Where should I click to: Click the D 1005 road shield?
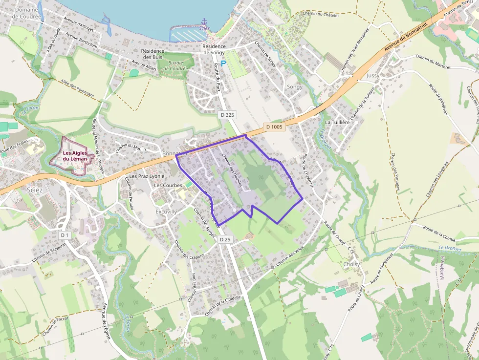pyautogui.click(x=274, y=127)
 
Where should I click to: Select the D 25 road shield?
pyautogui.click(x=225, y=239)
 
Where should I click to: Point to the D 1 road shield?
pyautogui.click(x=64, y=235)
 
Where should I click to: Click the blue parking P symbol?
pyautogui.click(x=223, y=64)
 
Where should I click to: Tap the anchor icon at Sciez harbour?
pyautogui.click(x=204, y=21)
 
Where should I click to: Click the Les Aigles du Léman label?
pyautogui.click(x=75, y=156)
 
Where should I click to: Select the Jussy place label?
pyautogui.click(x=372, y=76)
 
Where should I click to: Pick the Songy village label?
pyautogui.click(x=295, y=87)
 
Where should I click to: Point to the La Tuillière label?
pyautogui.click(x=337, y=122)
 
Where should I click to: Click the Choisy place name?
pyautogui.click(x=351, y=264)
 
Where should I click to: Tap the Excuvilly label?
pyautogui.click(x=166, y=212)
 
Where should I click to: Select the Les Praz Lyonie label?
pyautogui.click(x=147, y=176)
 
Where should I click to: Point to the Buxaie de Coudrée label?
pyautogui.click(x=175, y=65)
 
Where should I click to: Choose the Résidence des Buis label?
pyautogui.click(x=151, y=54)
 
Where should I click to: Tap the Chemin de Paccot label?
pyautogui.click(x=55, y=326)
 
